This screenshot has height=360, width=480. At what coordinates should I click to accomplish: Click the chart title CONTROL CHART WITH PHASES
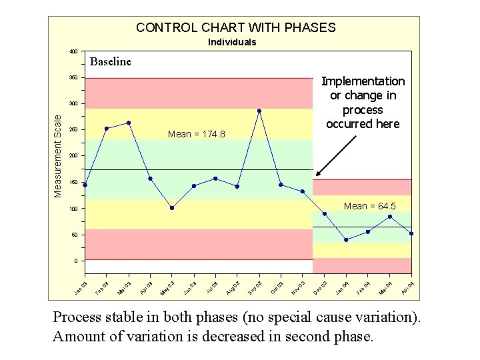point(235,27)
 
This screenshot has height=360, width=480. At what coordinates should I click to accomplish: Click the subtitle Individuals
point(232,42)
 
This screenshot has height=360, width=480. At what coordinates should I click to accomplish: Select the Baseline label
point(111,62)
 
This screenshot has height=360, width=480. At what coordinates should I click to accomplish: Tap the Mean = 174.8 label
point(197,135)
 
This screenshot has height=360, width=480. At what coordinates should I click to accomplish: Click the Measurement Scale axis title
point(58,155)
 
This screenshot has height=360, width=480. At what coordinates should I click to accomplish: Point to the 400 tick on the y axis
point(73,51)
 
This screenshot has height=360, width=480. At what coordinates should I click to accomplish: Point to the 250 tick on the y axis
point(73,130)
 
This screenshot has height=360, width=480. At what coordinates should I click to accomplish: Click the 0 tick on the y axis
point(75,261)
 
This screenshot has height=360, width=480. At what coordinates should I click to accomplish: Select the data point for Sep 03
point(259,111)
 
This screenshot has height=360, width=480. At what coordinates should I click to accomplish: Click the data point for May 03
point(172,208)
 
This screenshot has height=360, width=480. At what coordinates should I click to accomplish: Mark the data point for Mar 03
point(128,123)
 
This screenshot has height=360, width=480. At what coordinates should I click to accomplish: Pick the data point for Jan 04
point(346,240)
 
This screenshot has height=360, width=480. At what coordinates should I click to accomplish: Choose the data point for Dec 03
point(325,214)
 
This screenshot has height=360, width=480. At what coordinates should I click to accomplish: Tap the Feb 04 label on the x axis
point(363,287)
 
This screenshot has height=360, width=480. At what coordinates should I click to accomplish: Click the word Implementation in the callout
point(363,81)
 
